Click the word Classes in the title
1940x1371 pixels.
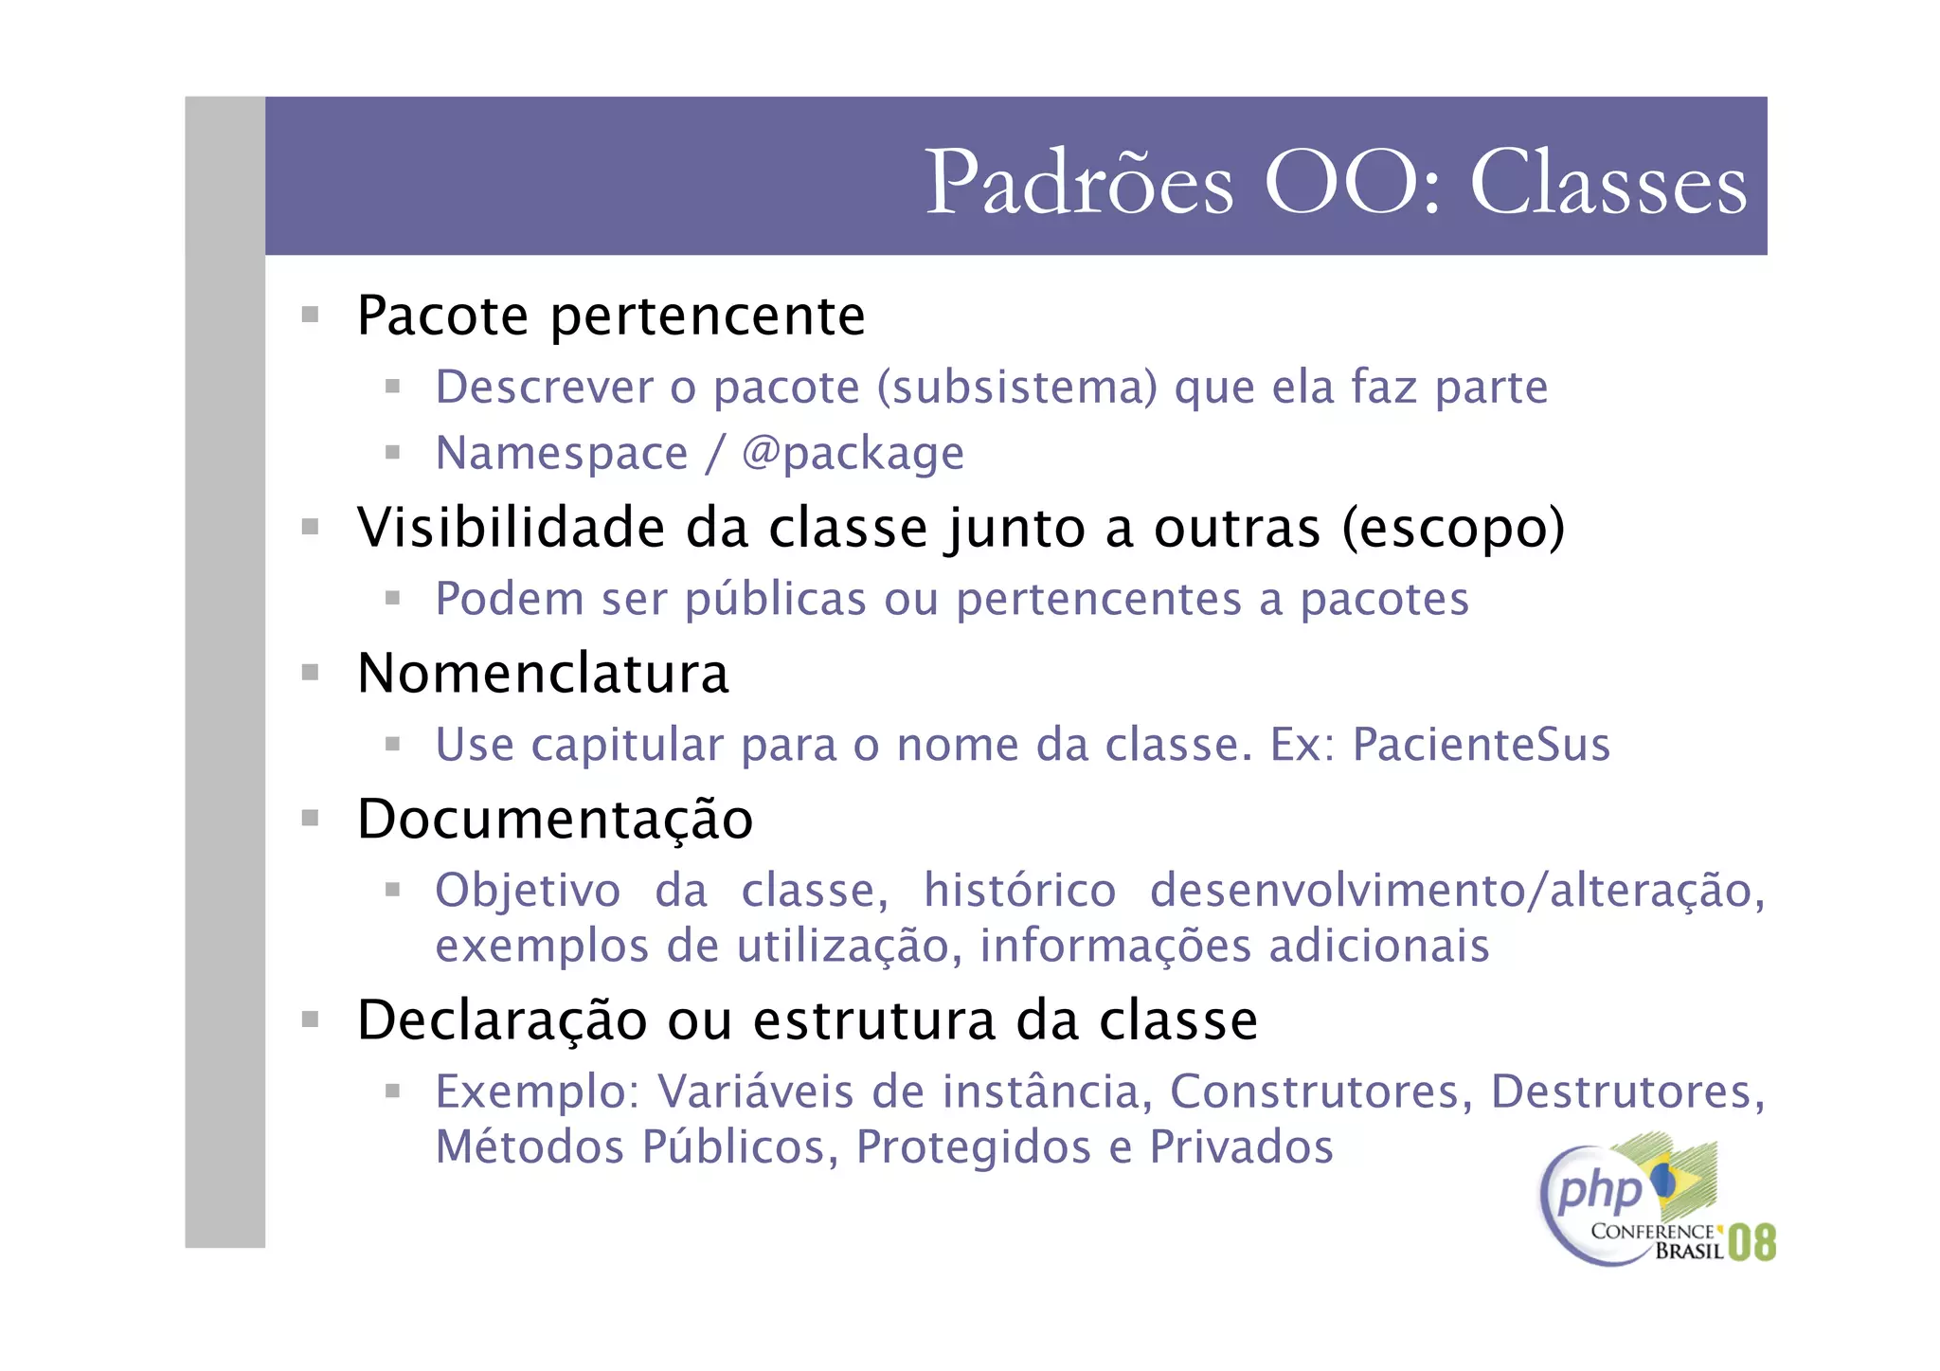[1608, 182]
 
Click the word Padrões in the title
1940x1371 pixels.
[1078, 182]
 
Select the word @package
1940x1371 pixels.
[853, 453]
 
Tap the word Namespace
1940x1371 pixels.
[562, 453]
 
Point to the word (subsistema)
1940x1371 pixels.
[1017, 387]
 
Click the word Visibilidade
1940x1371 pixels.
[511, 527]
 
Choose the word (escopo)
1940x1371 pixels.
[1453, 527]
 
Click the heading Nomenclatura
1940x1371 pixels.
[543, 674]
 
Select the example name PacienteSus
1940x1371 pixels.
[1481, 744]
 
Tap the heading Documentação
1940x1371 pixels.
[555, 819]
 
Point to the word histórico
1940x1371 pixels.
[1020, 891]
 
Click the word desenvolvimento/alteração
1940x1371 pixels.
[1457, 891]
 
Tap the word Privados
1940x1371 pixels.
[1241, 1146]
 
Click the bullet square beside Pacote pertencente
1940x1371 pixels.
[310, 315]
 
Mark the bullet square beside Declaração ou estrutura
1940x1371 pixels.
[310, 1019]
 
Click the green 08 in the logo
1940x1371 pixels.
[1751, 1242]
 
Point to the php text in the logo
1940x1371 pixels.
[1599, 1189]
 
